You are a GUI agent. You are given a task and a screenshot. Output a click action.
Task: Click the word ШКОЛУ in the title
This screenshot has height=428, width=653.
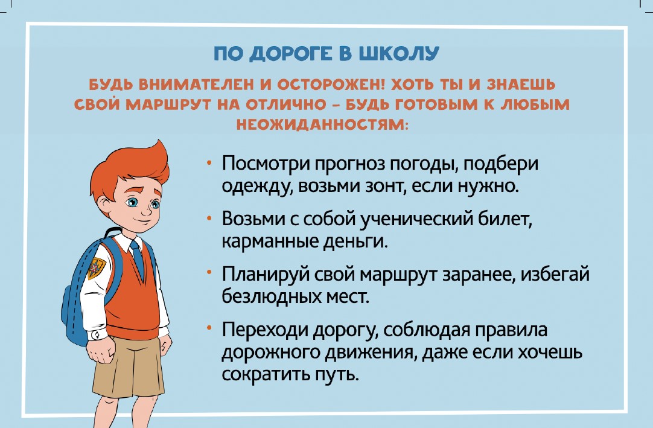[x=398, y=54]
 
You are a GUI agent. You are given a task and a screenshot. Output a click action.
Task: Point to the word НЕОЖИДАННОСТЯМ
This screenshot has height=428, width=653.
[x=322, y=124]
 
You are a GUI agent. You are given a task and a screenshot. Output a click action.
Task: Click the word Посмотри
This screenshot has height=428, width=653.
[x=264, y=163]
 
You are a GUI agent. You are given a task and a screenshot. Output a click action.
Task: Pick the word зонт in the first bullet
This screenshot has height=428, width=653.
[x=383, y=185]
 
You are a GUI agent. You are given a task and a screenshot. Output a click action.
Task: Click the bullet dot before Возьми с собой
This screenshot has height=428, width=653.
[x=209, y=217]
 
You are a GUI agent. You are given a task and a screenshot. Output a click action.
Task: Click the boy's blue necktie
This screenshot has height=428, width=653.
[x=137, y=258]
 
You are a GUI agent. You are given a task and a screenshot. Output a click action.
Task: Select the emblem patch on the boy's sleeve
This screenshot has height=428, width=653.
[x=96, y=268]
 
